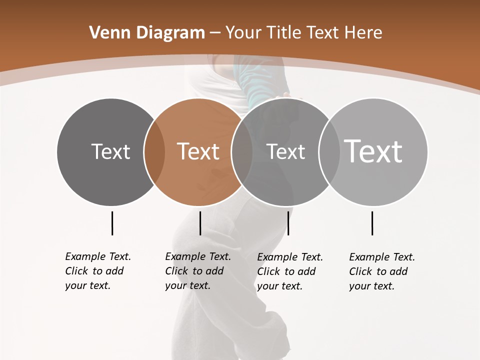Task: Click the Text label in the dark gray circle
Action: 110,151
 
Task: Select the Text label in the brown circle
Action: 198,151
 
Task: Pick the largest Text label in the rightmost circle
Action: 373,151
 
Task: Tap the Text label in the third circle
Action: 285,151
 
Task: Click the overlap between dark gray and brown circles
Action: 154,152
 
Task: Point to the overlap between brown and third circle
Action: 242,152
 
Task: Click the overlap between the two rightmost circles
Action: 329,152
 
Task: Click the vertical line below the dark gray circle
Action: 112,223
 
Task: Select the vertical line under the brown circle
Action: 200,223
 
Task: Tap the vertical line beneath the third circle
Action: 288,223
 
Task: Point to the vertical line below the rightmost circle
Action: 372,223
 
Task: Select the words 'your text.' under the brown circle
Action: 187,285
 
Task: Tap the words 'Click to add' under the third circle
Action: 286,271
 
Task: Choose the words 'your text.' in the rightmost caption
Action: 371,286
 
